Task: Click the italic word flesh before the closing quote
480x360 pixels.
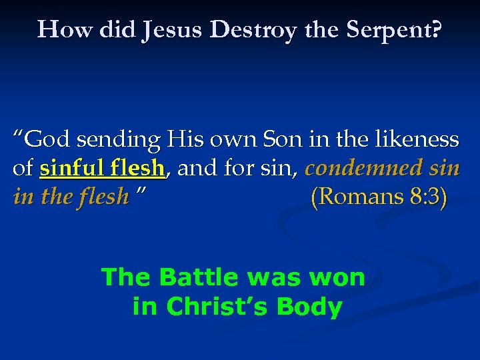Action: pyautogui.click(x=104, y=197)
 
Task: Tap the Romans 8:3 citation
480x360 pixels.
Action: pyautogui.click(x=379, y=197)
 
